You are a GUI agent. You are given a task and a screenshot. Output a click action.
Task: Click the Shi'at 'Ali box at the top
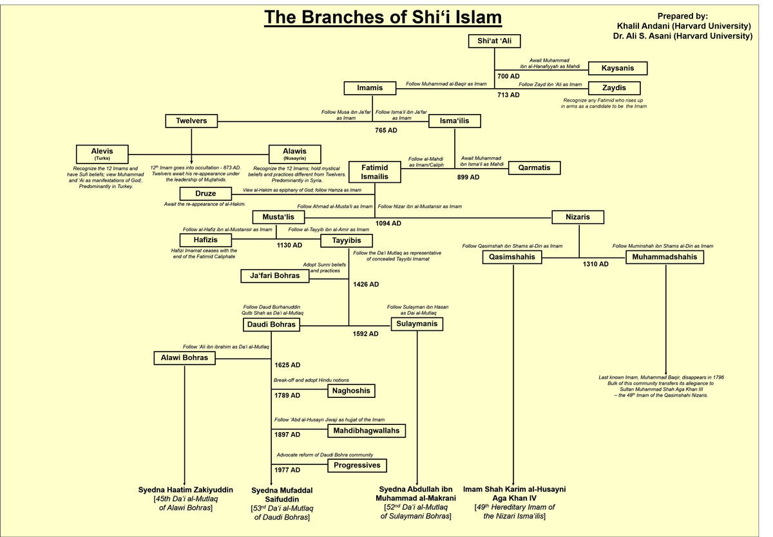[494, 41]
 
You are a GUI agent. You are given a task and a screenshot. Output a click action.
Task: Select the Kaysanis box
[617, 68]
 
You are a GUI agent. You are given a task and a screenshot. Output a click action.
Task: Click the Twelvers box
[191, 120]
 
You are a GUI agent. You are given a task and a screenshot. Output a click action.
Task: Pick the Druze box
[205, 193]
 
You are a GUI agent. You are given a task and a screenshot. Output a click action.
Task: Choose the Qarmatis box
[534, 168]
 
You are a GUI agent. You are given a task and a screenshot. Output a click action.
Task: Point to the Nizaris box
[578, 217]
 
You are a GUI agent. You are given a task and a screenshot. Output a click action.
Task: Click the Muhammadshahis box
[665, 257]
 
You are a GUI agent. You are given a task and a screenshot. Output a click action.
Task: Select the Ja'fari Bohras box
[274, 276]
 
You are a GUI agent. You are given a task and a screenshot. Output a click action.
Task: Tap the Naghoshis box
[352, 390]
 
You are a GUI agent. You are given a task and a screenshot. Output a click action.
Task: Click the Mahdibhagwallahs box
[367, 430]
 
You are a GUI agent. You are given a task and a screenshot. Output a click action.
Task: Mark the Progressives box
[358, 465]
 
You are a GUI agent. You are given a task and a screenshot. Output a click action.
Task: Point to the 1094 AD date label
[388, 223]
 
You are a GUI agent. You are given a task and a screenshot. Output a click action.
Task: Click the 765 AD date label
[386, 130]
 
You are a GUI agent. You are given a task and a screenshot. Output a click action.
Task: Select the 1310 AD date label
[595, 264]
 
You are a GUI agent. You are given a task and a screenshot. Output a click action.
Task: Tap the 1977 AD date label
[287, 470]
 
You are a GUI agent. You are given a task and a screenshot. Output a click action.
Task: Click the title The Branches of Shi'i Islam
[383, 17]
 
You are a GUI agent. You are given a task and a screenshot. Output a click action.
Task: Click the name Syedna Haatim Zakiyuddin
[186, 490]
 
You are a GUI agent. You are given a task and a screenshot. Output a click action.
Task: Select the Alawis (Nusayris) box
[294, 154]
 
